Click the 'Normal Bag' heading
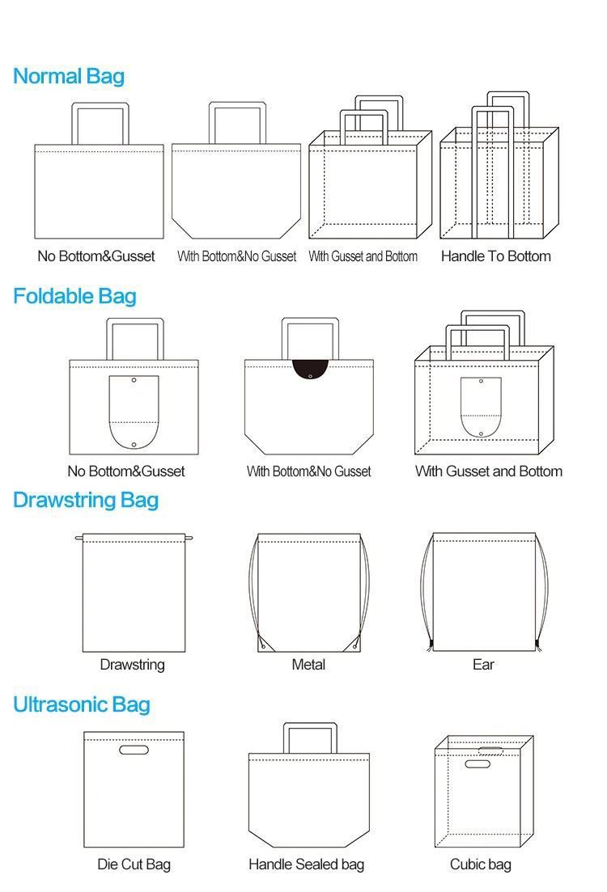click(x=69, y=77)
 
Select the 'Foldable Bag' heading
click(x=74, y=297)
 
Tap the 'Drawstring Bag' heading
click(x=85, y=501)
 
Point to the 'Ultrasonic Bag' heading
click(x=81, y=705)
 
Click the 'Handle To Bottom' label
click(x=495, y=256)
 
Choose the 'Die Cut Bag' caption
click(x=134, y=865)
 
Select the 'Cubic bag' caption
click(x=481, y=865)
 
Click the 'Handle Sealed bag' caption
click(x=307, y=865)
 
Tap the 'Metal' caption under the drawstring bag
click(x=308, y=665)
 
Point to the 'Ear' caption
click(x=483, y=665)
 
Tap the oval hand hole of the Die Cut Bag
click(x=134, y=750)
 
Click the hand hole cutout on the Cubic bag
click(x=478, y=763)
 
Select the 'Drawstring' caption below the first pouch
click(x=132, y=665)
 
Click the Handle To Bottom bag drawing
click(x=498, y=182)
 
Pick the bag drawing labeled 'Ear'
click(x=484, y=592)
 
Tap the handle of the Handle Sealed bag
click(x=309, y=738)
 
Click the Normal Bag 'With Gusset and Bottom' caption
click(x=363, y=256)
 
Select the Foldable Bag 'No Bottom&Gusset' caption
click(x=126, y=471)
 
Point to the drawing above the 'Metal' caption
click(x=308, y=592)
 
